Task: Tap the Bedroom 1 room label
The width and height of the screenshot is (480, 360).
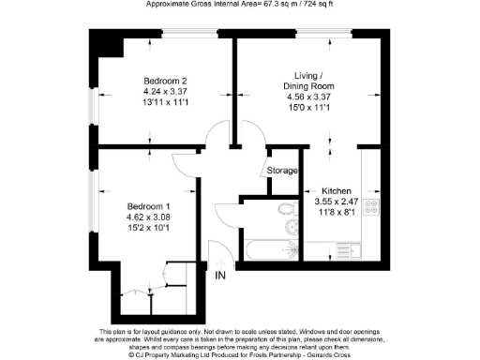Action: click(x=149, y=206)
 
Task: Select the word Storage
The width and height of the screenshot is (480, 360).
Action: click(x=282, y=171)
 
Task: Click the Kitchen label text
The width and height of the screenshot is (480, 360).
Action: click(x=336, y=188)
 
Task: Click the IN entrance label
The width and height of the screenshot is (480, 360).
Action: click(x=220, y=276)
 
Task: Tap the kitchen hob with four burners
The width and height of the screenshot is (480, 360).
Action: click(x=371, y=209)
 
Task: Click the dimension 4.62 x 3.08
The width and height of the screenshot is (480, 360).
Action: click(x=149, y=217)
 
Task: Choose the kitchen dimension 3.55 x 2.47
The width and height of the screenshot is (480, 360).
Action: click(x=336, y=201)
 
